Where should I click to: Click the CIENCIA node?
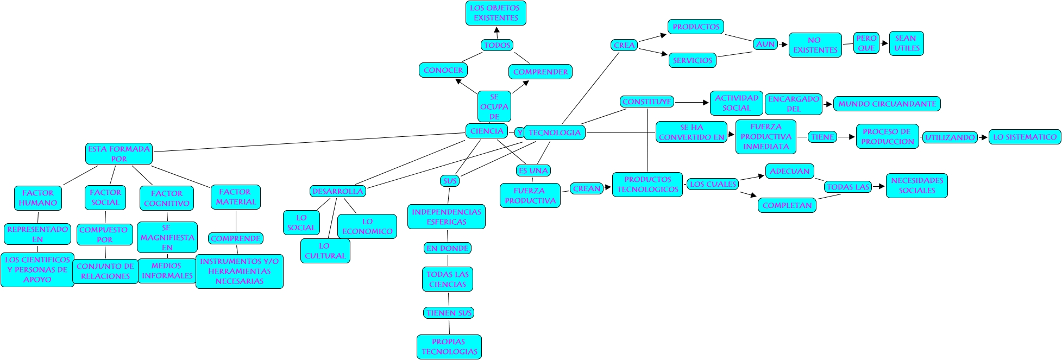pos(487,131)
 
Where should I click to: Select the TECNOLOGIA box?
pos(555,132)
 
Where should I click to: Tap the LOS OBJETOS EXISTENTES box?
pos(495,13)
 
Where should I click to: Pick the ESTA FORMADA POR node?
pos(119,154)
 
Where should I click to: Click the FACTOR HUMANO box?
pos(37,198)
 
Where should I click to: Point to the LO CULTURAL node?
pos(325,250)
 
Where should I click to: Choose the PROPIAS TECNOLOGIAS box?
pos(449,346)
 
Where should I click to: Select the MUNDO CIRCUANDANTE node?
pos(887,104)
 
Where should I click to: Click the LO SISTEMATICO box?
pos(1025,137)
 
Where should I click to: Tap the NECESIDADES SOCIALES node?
pos(916,185)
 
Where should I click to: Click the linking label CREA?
pos(624,45)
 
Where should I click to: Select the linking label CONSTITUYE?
pos(647,102)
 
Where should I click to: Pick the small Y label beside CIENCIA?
pos(519,132)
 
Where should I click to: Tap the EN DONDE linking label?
pos(448,248)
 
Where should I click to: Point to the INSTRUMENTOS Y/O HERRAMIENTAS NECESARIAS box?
pos(239,271)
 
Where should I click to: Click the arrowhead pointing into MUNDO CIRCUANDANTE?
pos(829,104)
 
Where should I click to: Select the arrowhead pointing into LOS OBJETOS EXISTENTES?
pos(497,29)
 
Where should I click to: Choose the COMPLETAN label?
pos(787,205)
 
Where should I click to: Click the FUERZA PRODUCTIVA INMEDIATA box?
pos(765,137)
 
